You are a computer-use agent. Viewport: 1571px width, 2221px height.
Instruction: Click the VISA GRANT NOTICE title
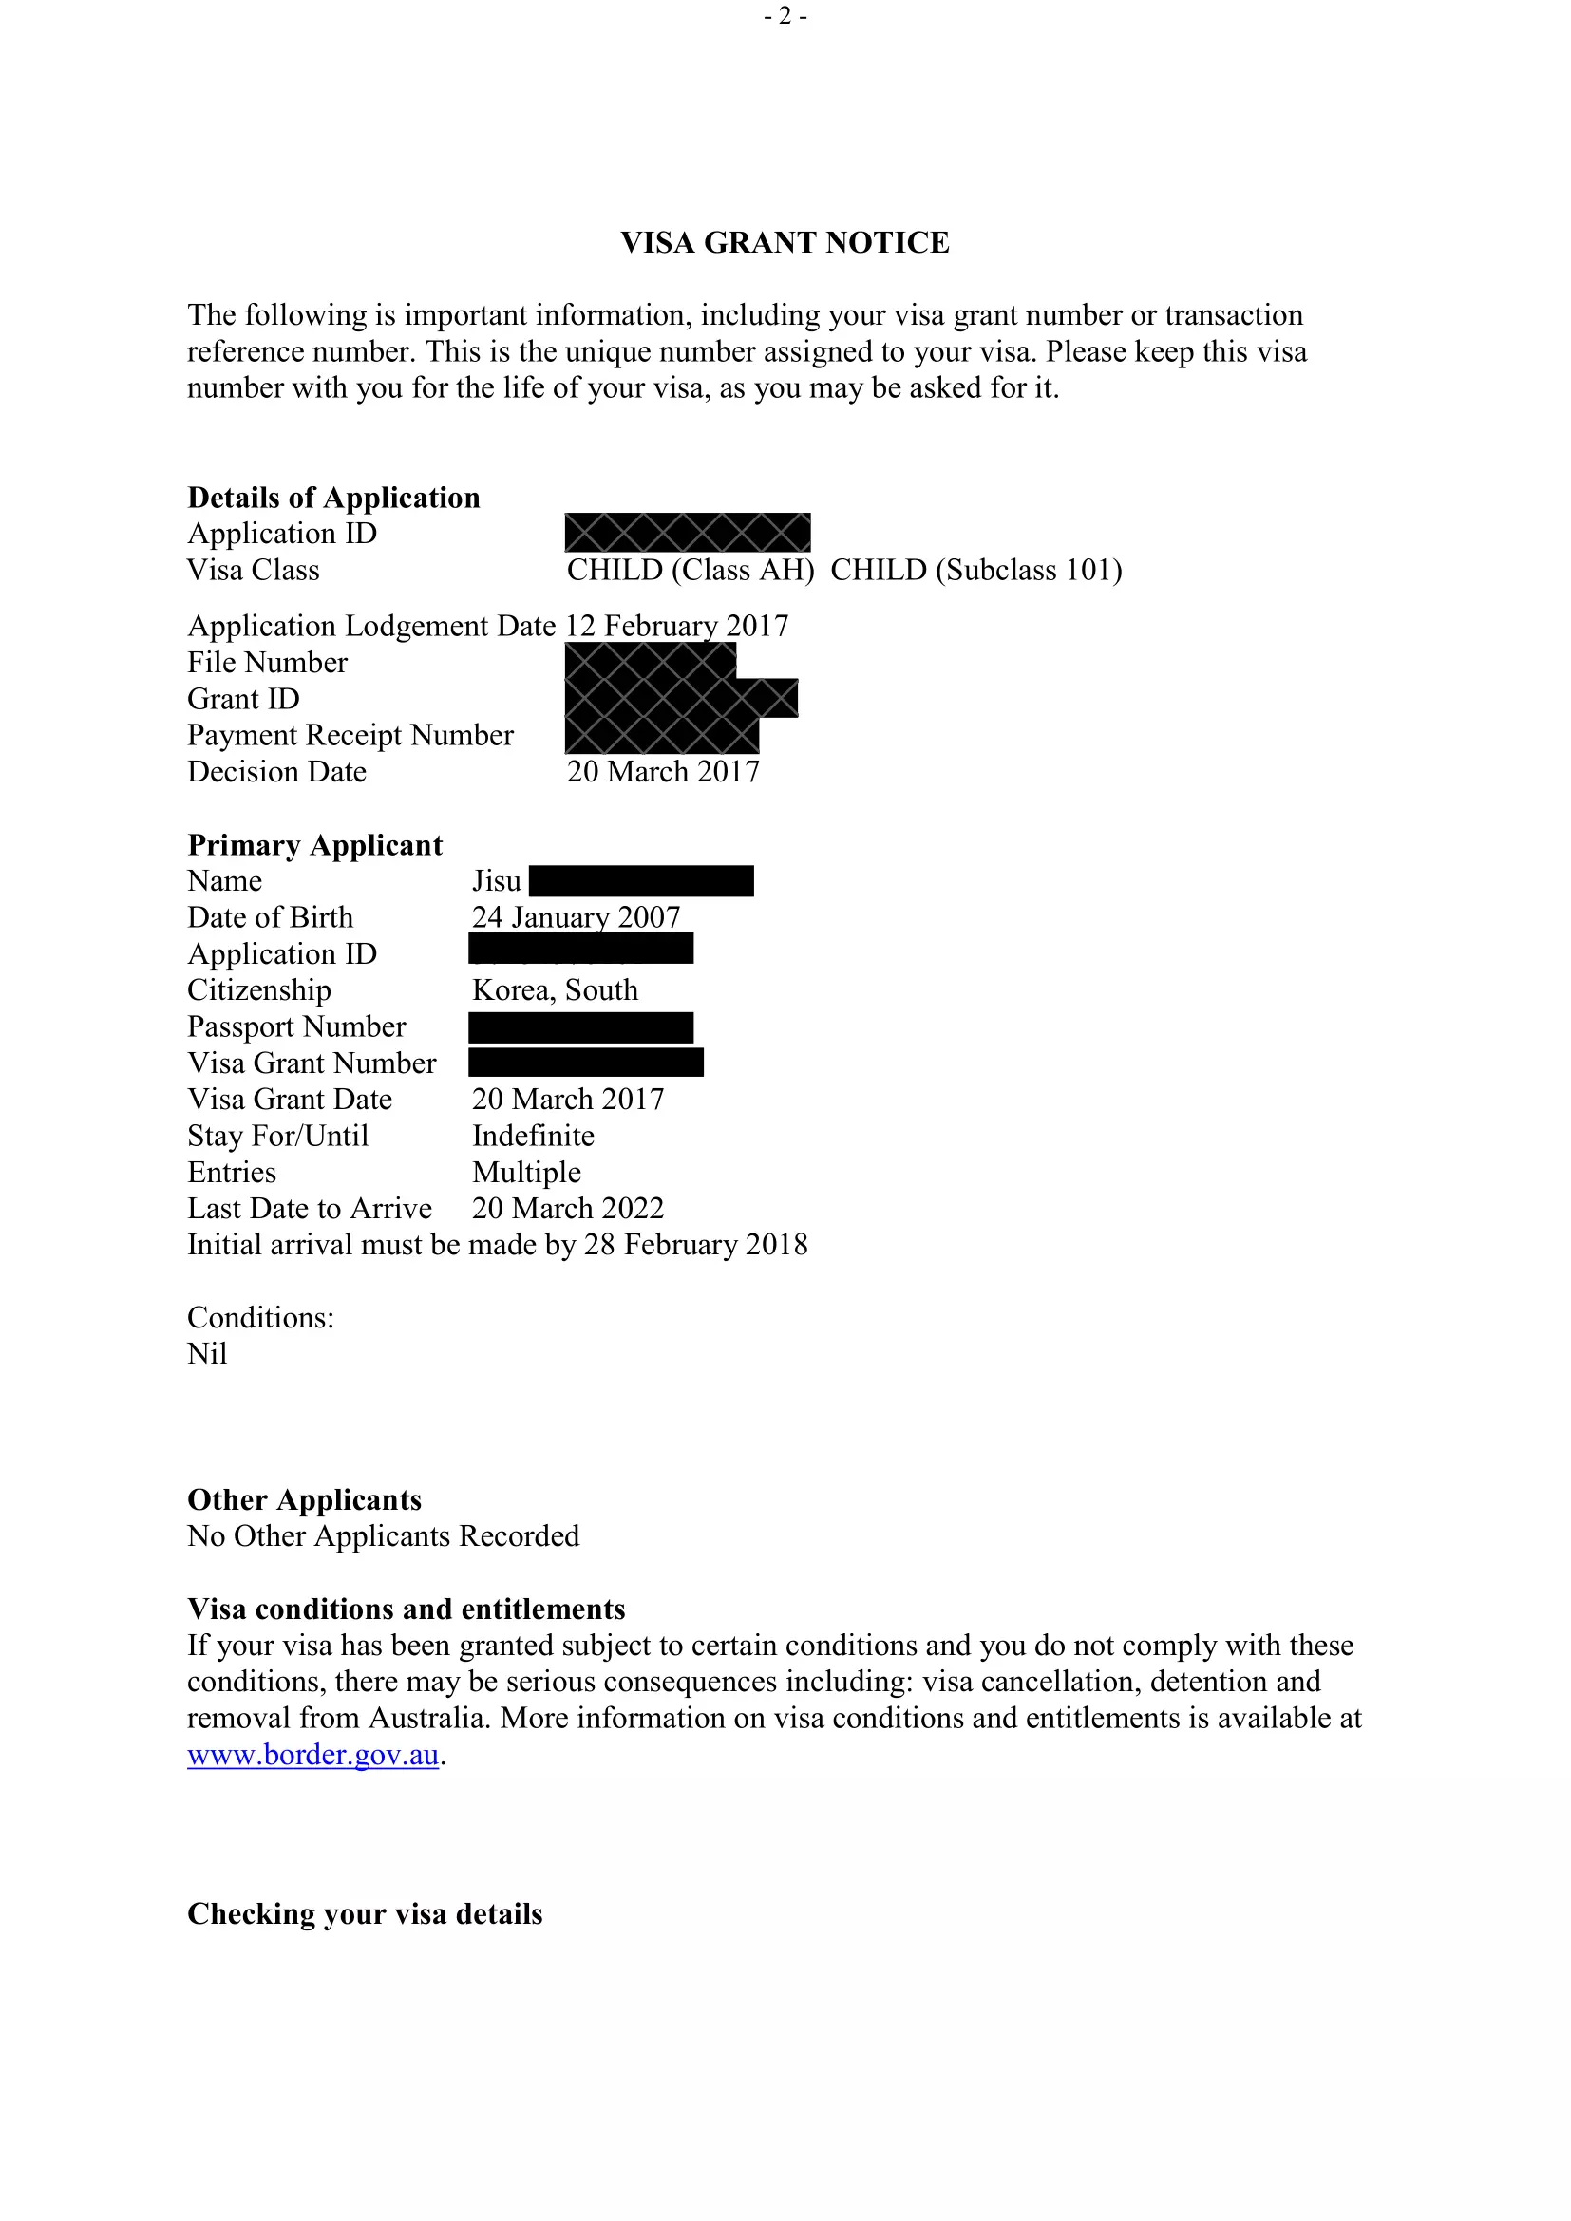[x=785, y=242]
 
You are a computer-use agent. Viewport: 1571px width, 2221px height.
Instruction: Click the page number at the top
[x=785, y=15]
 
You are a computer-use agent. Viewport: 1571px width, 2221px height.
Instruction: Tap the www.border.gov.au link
[x=312, y=1755]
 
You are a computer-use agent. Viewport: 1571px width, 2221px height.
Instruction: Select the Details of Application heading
[x=333, y=498]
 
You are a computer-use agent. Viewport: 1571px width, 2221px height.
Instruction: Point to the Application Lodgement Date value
[x=677, y=626]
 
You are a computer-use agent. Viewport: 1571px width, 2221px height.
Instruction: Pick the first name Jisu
[x=496, y=881]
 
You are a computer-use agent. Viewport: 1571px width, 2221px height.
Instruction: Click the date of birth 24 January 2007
[x=576, y=917]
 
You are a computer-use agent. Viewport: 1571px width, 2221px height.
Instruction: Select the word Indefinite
[x=533, y=1136]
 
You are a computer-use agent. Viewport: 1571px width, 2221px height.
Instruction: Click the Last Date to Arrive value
[x=568, y=1208]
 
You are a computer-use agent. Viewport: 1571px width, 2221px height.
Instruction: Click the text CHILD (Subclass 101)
[x=976, y=570]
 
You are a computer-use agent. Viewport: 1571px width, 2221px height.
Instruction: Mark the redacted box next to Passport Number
[x=580, y=1027]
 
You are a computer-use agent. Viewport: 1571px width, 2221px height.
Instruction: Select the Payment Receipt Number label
[x=350, y=735]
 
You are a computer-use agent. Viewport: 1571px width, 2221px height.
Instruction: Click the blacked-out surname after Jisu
[x=641, y=881]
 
